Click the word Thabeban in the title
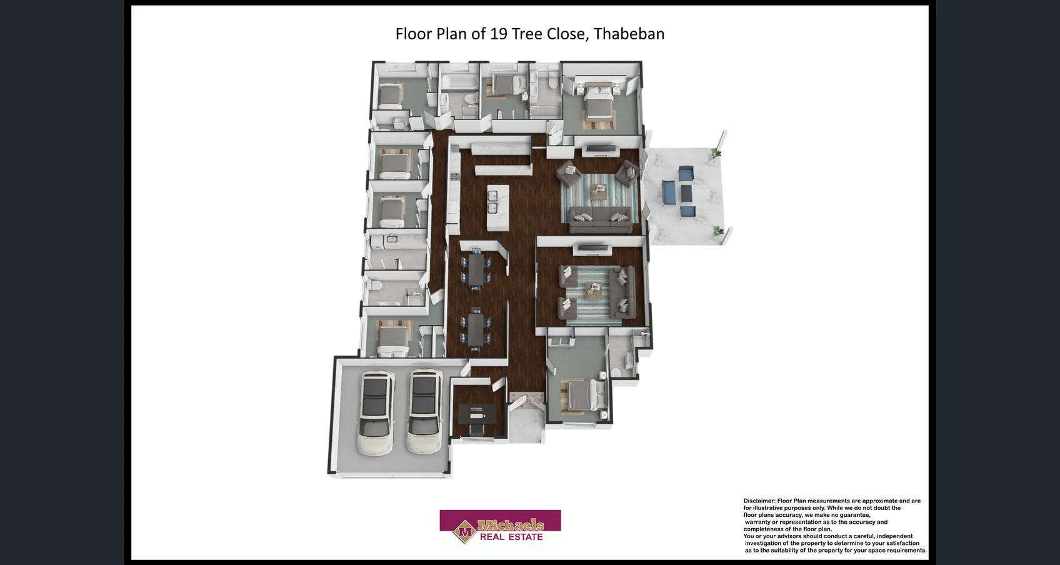pos(629,34)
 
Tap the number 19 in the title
pos(498,34)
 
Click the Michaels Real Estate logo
pos(500,527)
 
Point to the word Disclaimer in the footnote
pos(758,501)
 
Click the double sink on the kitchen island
pos(492,201)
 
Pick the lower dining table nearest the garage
pos(476,327)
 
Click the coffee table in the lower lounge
pos(593,289)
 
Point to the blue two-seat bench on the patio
pos(669,192)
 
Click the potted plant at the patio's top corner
pos(716,151)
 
